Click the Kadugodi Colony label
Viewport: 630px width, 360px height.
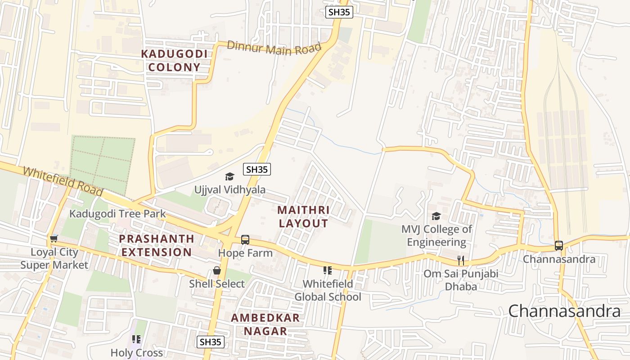[174, 61]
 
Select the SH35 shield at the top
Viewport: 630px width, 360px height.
[339, 12]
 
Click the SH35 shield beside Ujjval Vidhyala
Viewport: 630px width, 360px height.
[257, 169]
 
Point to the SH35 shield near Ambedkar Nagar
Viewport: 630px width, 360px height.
[211, 342]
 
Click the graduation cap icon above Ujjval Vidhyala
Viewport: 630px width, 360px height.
[229, 176]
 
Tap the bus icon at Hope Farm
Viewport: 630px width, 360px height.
[245, 239]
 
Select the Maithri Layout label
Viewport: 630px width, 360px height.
[303, 216]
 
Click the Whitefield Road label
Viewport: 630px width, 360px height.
[63, 181]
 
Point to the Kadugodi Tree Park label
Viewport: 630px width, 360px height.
[117, 214]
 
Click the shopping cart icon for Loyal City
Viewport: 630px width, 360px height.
[54, 238]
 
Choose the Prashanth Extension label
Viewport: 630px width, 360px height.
[157, 245]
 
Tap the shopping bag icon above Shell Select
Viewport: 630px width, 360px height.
[217, 270]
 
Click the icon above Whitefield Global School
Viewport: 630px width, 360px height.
[328, 270]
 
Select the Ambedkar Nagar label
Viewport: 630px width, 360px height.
[265, 324]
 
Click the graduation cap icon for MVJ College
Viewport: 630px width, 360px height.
[436, 216]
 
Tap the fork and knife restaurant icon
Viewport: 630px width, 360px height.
[460, 260]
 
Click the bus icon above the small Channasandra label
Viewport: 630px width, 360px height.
[558, 245]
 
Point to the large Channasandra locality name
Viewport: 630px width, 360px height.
[564, 311]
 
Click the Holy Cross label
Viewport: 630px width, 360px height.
[137, 353]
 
